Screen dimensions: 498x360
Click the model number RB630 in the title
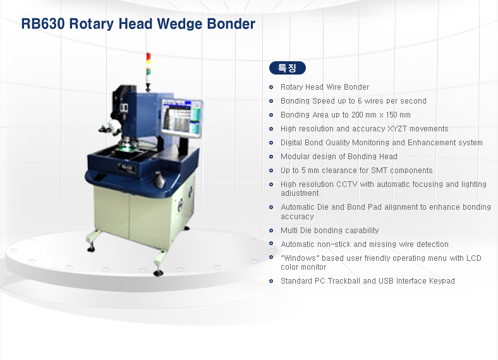(43, 24)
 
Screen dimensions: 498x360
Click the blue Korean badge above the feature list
(288, 68)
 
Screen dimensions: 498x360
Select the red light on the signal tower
(149, 56)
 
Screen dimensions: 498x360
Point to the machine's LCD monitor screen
(181, 117)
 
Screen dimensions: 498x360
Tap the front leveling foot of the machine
(158, 273)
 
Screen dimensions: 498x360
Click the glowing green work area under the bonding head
(126, 147)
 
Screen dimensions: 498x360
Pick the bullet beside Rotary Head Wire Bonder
(271, 87)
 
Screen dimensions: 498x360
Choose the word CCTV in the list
(347, 184)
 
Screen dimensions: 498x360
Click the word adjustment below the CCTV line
(300, 193)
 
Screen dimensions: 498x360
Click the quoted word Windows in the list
(298, 258)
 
